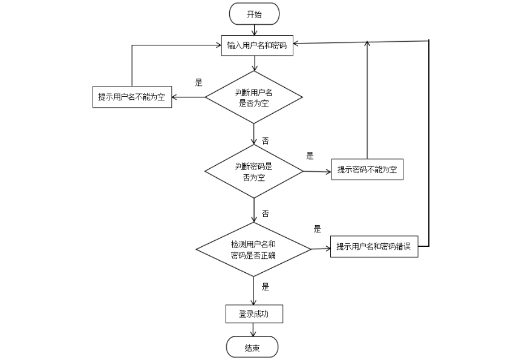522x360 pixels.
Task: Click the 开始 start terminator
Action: (254, 13)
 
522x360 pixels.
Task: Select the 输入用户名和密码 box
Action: (256, 45)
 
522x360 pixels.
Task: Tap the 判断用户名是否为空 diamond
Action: (254, 97)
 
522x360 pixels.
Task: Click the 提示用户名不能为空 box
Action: (131, 97)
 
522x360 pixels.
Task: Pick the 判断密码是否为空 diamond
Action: (254, 171)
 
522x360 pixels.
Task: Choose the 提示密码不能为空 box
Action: (367, 170)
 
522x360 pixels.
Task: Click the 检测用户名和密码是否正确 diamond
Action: (254, 249)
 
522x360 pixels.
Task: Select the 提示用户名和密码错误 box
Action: (374, 247)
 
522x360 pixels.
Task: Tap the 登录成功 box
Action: (253, 314)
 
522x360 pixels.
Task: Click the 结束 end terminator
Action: (252, 347)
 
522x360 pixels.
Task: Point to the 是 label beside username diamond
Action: (198, 83)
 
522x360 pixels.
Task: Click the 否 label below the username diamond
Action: (265, 140)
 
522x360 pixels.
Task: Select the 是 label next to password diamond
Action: (310, 155)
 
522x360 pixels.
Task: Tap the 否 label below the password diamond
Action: (265, 214)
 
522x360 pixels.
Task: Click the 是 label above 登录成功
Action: (265, 287)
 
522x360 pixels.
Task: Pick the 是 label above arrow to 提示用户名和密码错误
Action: (317, 229)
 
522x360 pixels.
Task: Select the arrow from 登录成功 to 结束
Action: (253, 330)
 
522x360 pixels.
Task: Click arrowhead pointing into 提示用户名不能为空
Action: (176, 97)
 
